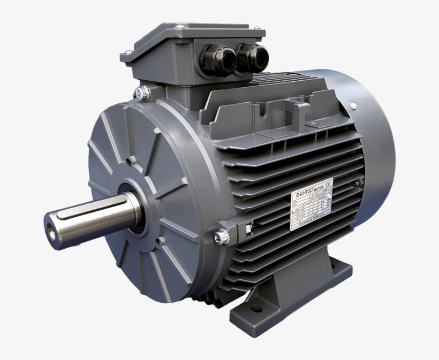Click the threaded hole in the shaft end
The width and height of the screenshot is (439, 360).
(x=52, y=226)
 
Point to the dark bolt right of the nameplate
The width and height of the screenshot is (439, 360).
(x=355, y=185)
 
